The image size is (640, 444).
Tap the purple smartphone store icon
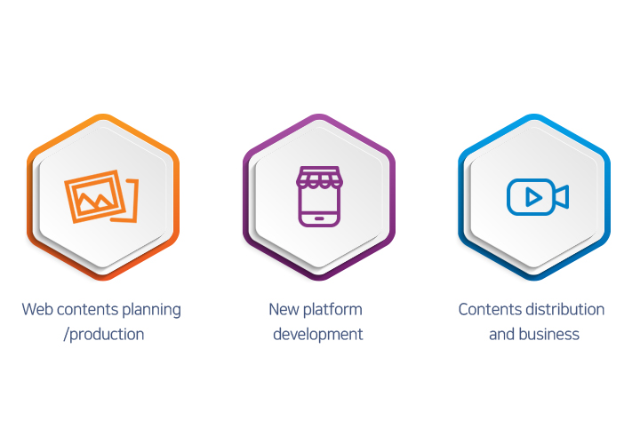click(319, 196)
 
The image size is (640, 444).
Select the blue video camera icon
click(538, 197)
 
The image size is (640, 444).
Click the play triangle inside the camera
click(533, 197)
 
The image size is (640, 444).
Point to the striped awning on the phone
click(319, 178)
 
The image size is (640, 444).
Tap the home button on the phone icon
click(319, 218)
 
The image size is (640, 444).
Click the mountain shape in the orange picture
click(95, 200)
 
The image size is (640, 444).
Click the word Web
click(37, 309)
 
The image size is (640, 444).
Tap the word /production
click(104, 335)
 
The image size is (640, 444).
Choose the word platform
click(332, 310)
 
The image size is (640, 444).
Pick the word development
click(318, 335)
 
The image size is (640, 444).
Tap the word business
click(549, 334)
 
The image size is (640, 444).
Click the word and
click(502, 334)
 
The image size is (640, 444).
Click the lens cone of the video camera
click(562, 197)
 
